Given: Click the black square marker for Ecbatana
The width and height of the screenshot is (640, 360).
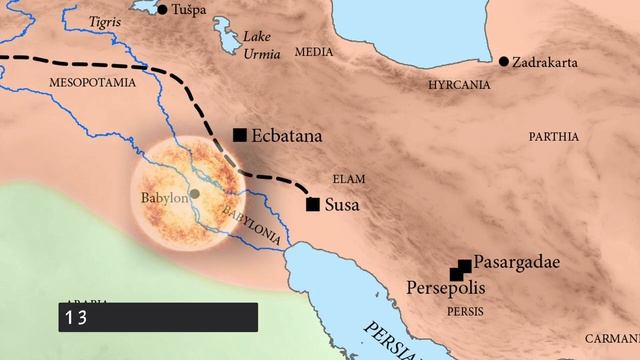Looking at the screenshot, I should pyautogui.click(x=239, y=135).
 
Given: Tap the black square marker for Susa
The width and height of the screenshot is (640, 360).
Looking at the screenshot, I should pyautogui.click(x=313, y=205).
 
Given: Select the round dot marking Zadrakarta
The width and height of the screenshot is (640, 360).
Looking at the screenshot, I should pyautogui.click(x=503, y=62).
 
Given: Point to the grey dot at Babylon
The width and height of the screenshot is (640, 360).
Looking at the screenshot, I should pyautogui.click(x=194, y=193).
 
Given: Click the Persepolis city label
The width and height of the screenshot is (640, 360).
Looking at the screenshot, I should pyautogui.click(x=446, y=287).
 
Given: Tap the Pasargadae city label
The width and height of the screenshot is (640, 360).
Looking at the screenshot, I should pyautogui.click(x=516, y=263).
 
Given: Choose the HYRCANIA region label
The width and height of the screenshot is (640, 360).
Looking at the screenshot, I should pyautogui.click(x=459, y=85).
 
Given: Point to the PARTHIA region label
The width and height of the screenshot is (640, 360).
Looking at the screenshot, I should pyautogui.click(x=554, y=134).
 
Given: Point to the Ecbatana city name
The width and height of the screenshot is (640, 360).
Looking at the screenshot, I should pyautogui.click(x=288, y=135).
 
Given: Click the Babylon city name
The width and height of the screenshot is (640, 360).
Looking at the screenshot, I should pyautogui.click(x=165, y=199).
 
